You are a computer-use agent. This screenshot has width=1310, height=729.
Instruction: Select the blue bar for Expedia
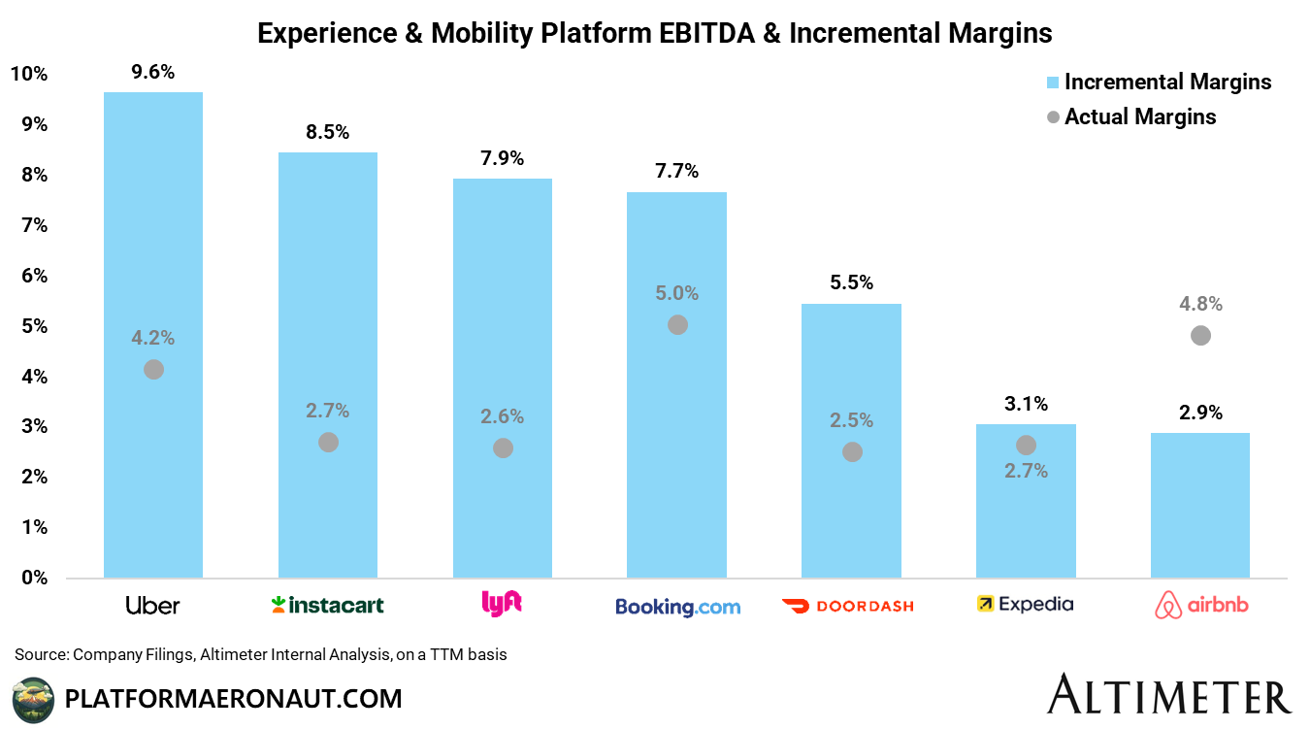click(1026, 514)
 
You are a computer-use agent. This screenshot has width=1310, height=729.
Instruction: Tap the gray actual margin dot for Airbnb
click(1200, 335)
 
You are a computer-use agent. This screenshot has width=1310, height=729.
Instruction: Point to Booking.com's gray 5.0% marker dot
click(677, 324)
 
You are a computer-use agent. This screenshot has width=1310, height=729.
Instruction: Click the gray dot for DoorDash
click(852, 451)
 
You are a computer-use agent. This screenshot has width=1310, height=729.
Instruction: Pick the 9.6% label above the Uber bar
click(152, 72)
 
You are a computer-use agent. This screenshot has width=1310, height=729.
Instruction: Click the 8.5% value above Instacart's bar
click(327, 132)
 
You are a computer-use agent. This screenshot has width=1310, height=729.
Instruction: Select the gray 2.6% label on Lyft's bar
click(502, 416)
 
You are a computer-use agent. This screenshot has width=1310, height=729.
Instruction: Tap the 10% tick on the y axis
click(29, 75)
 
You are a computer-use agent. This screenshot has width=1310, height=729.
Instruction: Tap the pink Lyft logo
click(502, 604)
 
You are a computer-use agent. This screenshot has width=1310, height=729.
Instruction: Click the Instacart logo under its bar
click(327, 605)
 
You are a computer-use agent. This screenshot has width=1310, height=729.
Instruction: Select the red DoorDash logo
click(847, 606)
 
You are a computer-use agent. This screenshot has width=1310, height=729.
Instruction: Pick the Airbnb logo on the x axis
click(1200, 606)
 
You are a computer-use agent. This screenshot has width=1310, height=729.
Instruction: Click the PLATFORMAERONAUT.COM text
click(233, 698)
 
